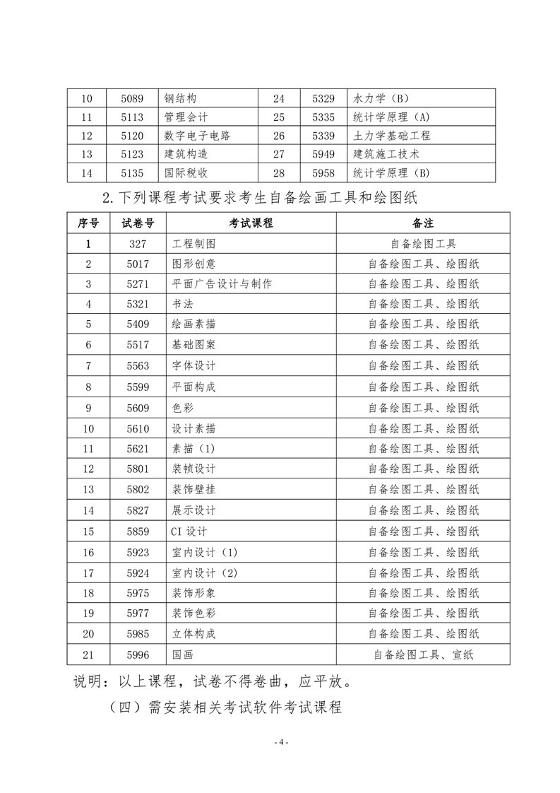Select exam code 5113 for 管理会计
[131, 117]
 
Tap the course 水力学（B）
[381, 99]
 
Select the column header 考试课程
[251, 223]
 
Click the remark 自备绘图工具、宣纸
[423, 654]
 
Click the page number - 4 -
[280, 743]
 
